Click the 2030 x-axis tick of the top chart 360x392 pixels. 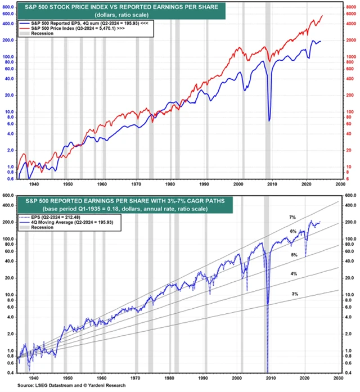click(340, 184)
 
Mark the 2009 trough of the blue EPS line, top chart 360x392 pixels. click(269, 120)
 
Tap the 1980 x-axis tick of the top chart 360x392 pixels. click(171, 184)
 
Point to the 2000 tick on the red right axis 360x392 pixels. click(349, 40)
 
